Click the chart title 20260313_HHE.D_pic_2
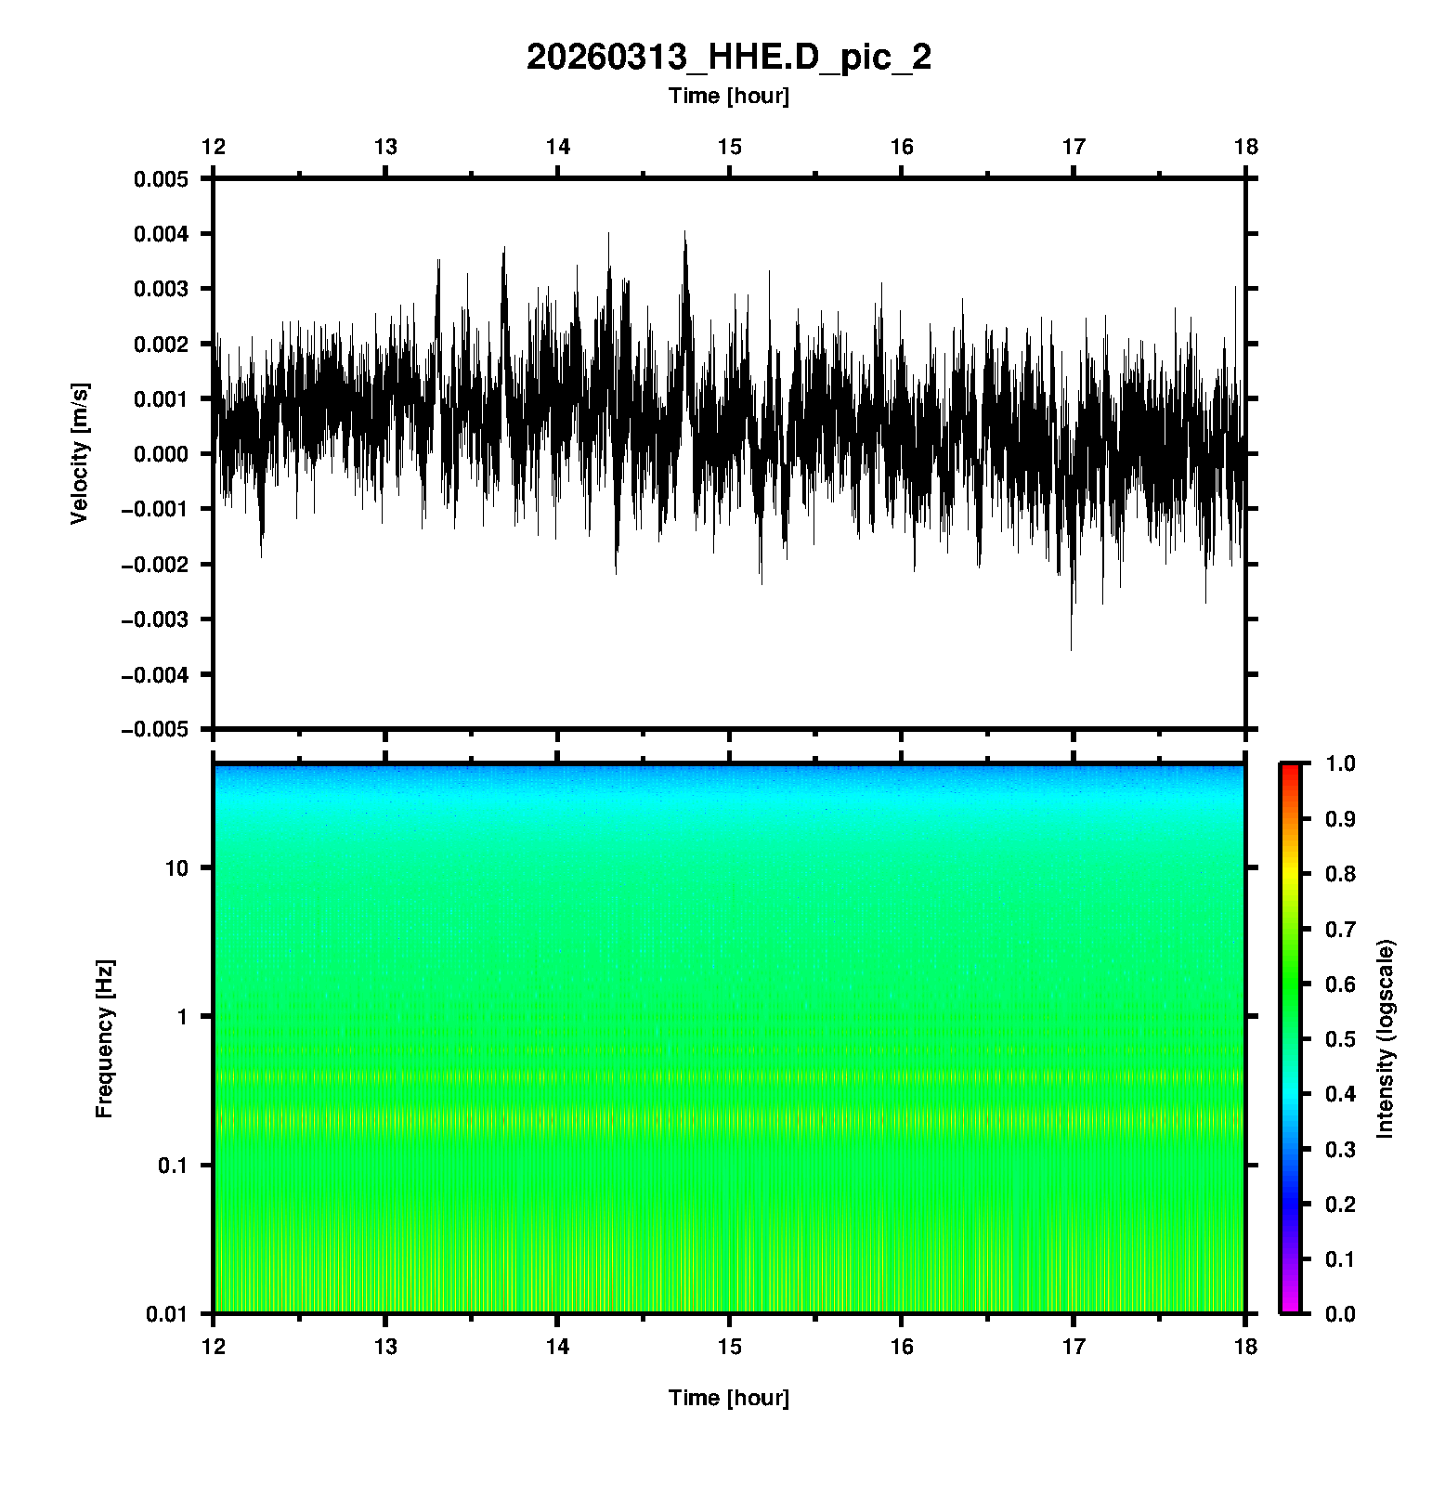click(x=729, y=58)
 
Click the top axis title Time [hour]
click(x=729, y=96)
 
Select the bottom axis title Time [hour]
click(x=729, y=1398)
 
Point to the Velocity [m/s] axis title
click(x=80, y=453)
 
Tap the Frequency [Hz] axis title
click(x=104, y=1038)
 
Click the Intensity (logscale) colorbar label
click(x=1386, y=1038)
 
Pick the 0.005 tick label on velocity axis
click(x=161, y=179)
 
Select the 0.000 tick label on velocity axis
click(x=161, y=454)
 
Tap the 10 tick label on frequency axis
click(x=176, y=868)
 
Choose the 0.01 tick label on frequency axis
click(x=167, y=1313)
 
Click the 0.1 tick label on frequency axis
click(x=172, y=1166)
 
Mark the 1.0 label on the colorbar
click(x=1341, y=763)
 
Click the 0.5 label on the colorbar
click(x=1341, y=1038)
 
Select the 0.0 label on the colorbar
click(x=1341, y=1313)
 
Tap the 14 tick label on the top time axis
click(x=557, y=147)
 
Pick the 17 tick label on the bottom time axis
click(x=1074, y=1346)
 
